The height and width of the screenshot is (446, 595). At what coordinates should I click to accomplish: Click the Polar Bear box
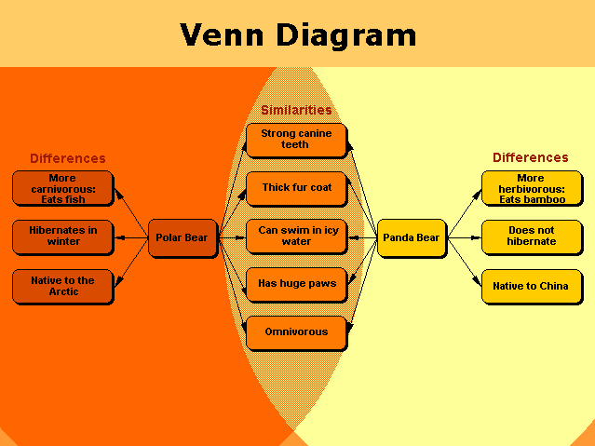183,238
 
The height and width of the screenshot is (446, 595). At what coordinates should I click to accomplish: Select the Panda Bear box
411,238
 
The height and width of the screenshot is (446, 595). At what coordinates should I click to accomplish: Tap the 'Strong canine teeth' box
295,140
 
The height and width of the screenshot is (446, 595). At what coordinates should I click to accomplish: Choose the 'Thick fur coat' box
295,188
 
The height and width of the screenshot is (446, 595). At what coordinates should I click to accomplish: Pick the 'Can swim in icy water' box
295,237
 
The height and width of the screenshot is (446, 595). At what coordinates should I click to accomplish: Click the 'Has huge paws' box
295,283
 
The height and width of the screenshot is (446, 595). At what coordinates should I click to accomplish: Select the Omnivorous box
295,331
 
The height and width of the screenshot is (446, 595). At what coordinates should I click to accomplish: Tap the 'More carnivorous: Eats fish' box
62,187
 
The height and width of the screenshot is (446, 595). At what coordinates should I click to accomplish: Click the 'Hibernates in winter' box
62,237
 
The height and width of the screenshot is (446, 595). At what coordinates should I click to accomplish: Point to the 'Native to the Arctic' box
62,286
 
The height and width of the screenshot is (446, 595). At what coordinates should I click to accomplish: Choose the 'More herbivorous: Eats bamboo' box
531,187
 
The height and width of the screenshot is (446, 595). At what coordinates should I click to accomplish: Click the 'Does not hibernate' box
531,237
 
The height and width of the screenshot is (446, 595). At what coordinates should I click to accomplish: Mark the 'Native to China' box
531,286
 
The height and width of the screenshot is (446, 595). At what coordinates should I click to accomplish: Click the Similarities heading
296,111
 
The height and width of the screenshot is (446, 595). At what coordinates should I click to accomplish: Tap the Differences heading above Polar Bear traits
68,159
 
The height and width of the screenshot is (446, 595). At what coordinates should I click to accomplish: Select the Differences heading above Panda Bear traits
531,158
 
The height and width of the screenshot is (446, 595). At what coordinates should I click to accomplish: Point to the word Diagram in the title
348,36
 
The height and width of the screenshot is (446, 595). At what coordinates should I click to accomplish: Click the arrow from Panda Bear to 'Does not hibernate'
464,238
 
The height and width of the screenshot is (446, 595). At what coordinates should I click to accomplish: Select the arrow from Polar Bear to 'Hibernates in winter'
130,238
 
